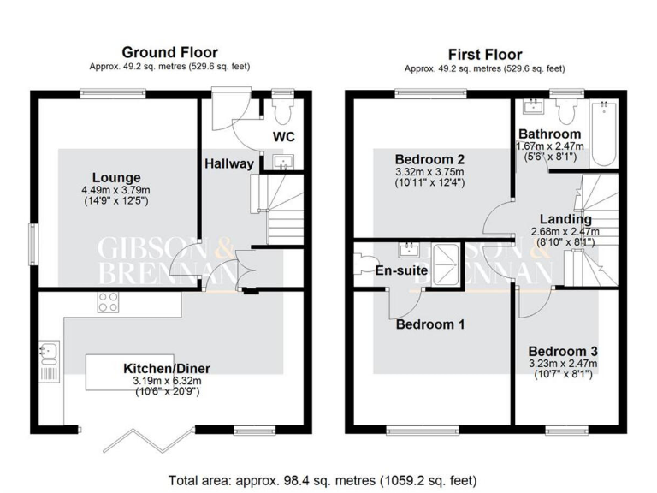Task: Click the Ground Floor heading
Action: pyautogui.click(x=169, y=52)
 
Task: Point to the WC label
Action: pyautogui.click(x=284, y=136)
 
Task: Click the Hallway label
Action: pyautogui.click(x=228, y=163)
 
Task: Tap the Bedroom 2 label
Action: pyautogui.click(x=429, y=159)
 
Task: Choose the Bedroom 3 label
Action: pyautogui.click(x=562, y=352)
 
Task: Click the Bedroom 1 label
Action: pyautogui.click(x=430, y=324)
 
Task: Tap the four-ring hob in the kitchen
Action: pyautogui.click(x=109, y=300)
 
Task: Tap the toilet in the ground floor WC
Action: pyautogui.click(x=281, y=110)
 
